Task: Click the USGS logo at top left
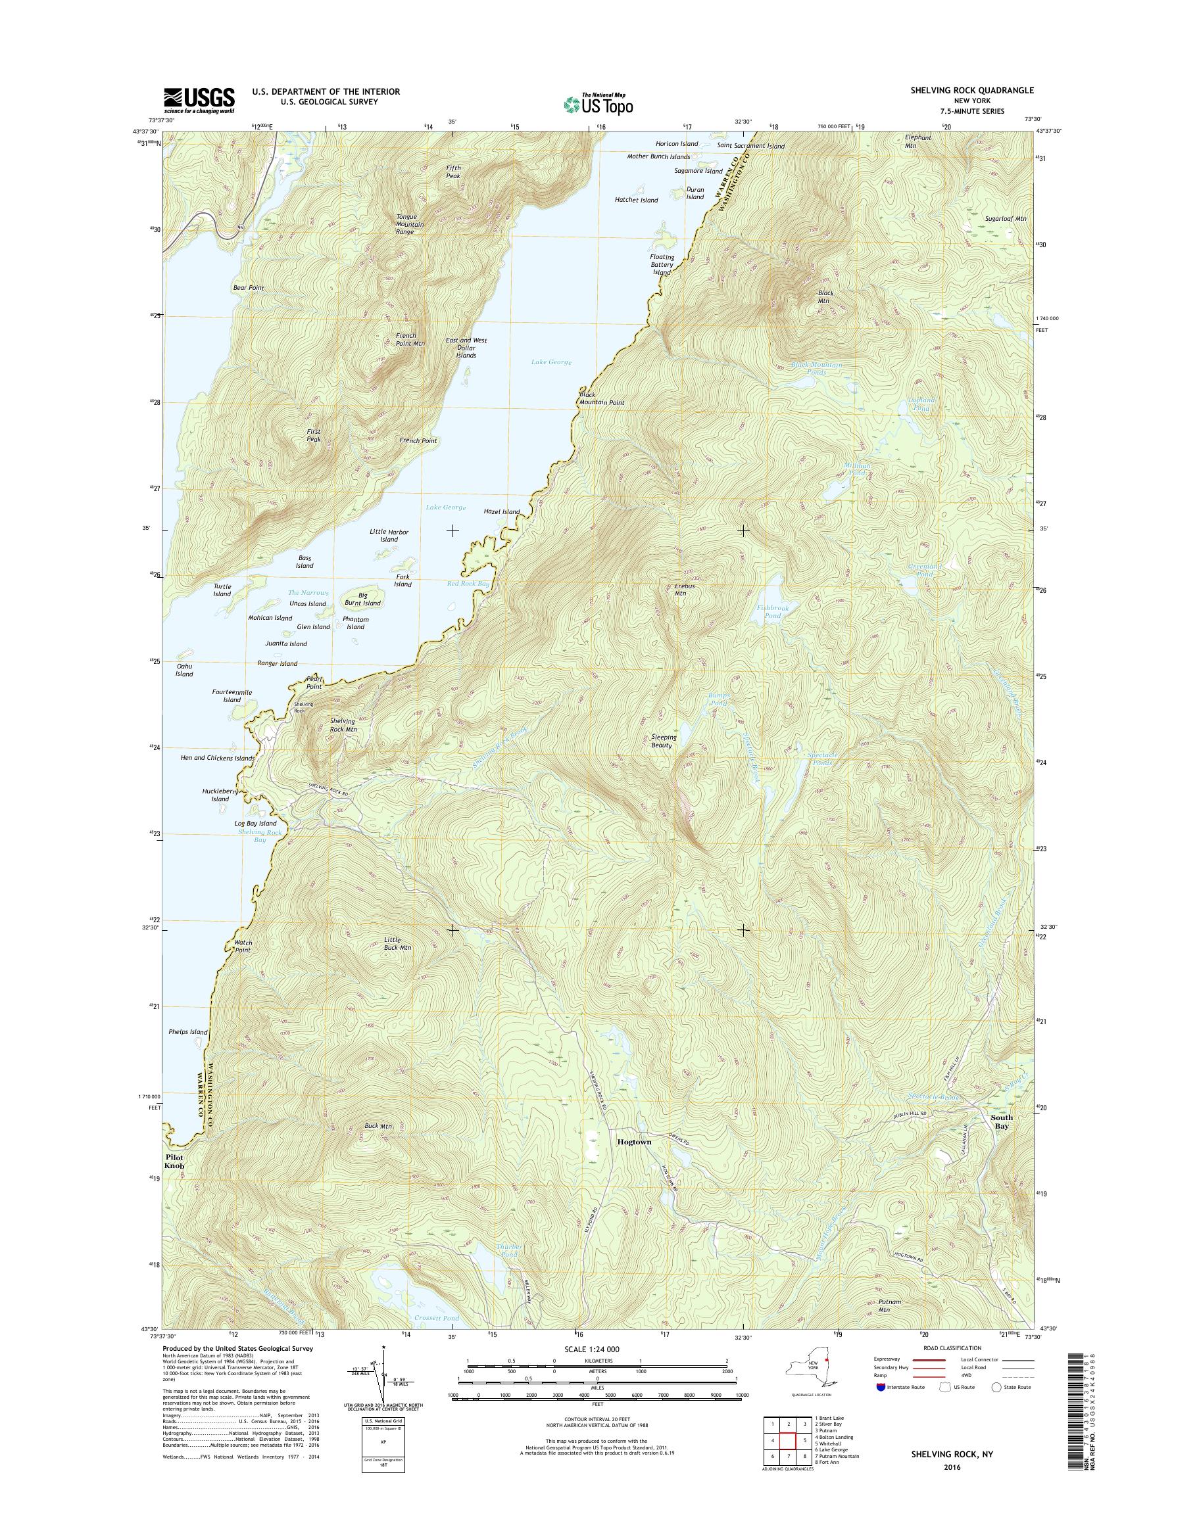tap(199, 100)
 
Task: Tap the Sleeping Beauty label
tap(664, 741)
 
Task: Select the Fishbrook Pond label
tap(773, 612)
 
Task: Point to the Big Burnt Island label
tap(362, 599)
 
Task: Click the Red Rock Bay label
tap(468, 584)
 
